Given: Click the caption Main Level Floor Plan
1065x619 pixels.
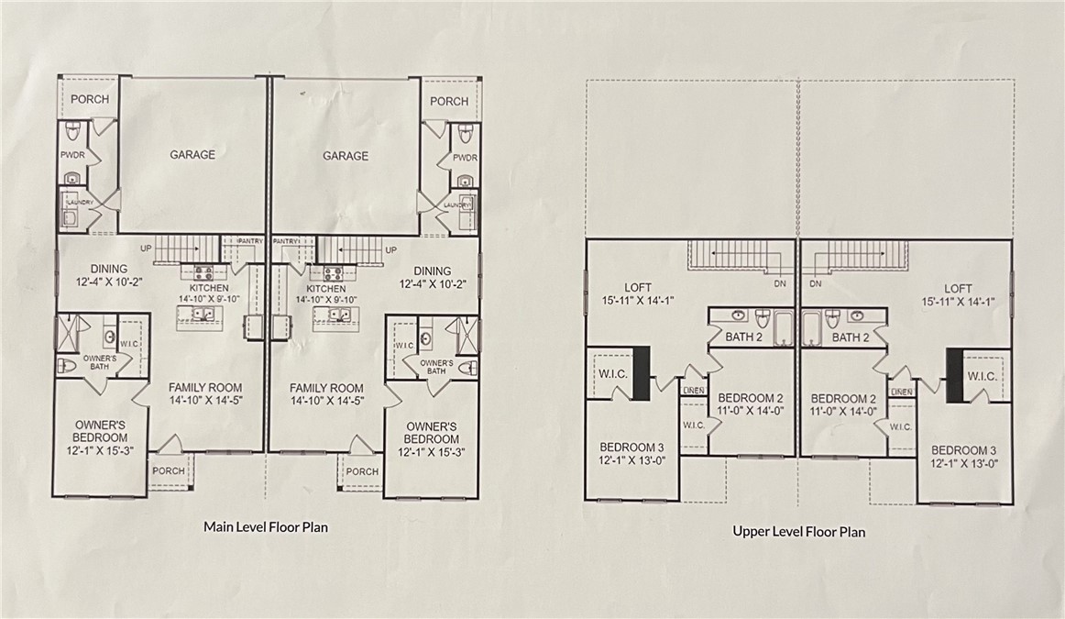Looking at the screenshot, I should click(265, 527).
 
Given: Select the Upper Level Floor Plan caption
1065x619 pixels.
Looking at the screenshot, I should click(798, 530).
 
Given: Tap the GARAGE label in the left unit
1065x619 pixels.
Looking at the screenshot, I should click(192, 155).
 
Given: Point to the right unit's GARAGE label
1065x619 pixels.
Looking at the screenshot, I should click(346, 156).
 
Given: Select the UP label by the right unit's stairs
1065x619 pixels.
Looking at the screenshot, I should click(391, 249).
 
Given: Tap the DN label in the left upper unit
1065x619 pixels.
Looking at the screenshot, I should click(779, 284).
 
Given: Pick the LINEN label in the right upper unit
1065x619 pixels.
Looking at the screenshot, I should click(901, 392).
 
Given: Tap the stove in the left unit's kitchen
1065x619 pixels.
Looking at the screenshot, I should click(203, 271).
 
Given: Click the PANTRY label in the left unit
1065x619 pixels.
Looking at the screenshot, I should click(250, 241).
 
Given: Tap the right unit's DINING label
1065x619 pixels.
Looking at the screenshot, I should click(432, 271).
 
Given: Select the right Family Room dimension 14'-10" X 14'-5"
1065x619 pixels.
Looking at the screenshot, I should click(327, 401).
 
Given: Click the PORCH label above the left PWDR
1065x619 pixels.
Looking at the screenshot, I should click(89, 99).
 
